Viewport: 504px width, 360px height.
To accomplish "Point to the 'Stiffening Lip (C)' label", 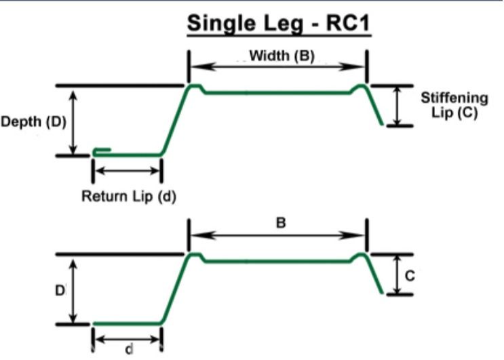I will [449, 106].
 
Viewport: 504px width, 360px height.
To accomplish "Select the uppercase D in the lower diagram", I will [59, 289].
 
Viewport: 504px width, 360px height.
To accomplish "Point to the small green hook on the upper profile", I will [101, 150].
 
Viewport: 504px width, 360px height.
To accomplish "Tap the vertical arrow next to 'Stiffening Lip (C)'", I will [396, 106].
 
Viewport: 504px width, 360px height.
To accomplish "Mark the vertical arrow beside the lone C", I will [396, 275].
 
